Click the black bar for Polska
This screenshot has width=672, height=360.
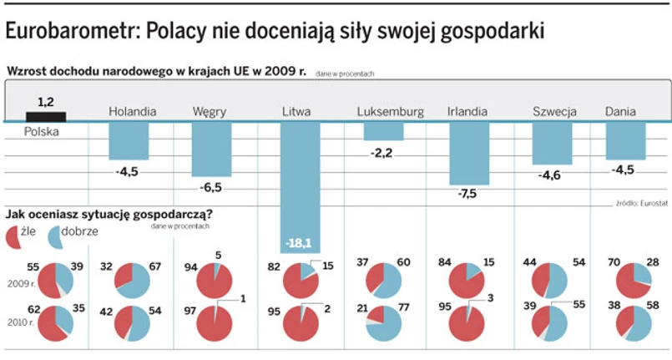[x=47, y=115]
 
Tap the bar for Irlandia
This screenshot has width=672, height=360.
[x=468, y=153]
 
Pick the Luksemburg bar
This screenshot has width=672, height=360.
[x=383, y=131]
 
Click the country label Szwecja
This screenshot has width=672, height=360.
[x=554, y=112]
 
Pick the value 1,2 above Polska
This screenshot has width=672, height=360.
[x=45, y=101]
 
